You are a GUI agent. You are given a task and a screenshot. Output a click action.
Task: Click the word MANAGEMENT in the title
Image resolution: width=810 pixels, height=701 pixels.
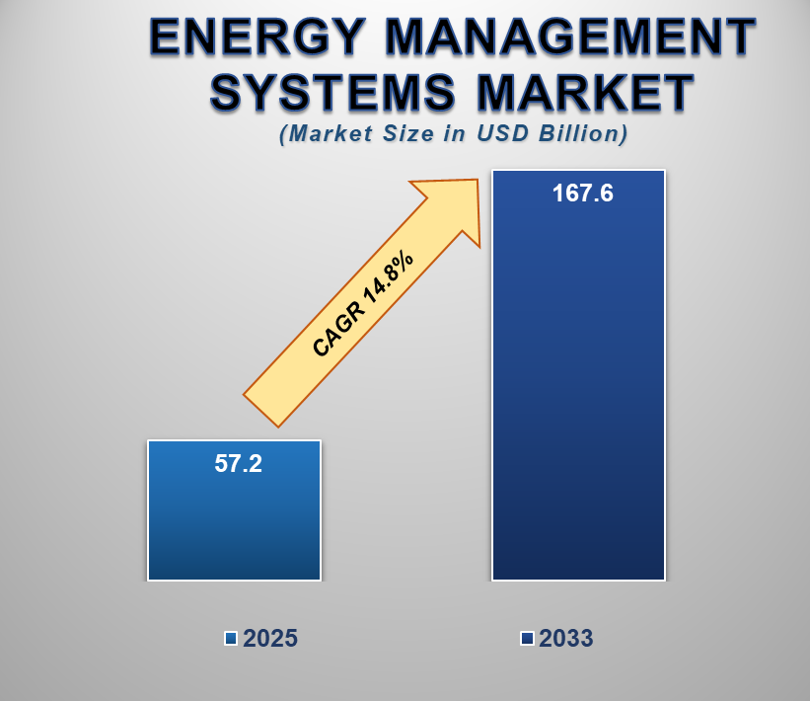[570, 37]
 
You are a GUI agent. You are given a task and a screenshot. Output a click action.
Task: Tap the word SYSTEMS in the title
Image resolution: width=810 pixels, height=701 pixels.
[332, 92]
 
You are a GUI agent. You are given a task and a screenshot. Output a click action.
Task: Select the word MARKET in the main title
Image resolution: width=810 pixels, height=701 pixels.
[585, 92]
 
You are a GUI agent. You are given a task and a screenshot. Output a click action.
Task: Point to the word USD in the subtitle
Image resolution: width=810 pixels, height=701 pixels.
[502, 133]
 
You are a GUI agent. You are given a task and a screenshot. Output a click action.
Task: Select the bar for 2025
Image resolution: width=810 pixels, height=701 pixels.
[235, 510]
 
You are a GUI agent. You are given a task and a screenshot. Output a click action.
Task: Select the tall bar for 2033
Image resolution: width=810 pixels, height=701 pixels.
[578, 375]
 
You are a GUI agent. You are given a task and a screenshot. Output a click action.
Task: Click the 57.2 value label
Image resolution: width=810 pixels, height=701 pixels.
[238, 463]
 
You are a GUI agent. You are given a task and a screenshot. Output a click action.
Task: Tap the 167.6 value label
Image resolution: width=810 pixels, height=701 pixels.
[583, 194]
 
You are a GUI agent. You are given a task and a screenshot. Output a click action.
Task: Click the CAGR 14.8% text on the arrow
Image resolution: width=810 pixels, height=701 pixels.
[363, 304]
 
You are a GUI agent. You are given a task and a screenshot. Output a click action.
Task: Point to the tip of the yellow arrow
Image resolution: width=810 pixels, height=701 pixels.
[478, 180]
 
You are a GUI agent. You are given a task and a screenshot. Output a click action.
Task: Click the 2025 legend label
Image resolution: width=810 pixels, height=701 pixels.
[270, 638]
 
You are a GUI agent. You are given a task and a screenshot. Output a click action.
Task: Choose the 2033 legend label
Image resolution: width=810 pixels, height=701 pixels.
[566, 638]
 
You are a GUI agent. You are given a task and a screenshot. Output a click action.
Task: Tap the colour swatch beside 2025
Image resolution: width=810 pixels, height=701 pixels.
[231, 639]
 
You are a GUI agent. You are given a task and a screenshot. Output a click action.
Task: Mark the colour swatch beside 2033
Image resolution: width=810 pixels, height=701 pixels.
[527, 639]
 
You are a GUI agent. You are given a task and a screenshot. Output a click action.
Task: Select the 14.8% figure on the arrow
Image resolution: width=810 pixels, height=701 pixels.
[389, 277]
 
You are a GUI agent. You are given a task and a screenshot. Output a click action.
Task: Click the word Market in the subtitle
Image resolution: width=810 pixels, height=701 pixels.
[326, 134]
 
